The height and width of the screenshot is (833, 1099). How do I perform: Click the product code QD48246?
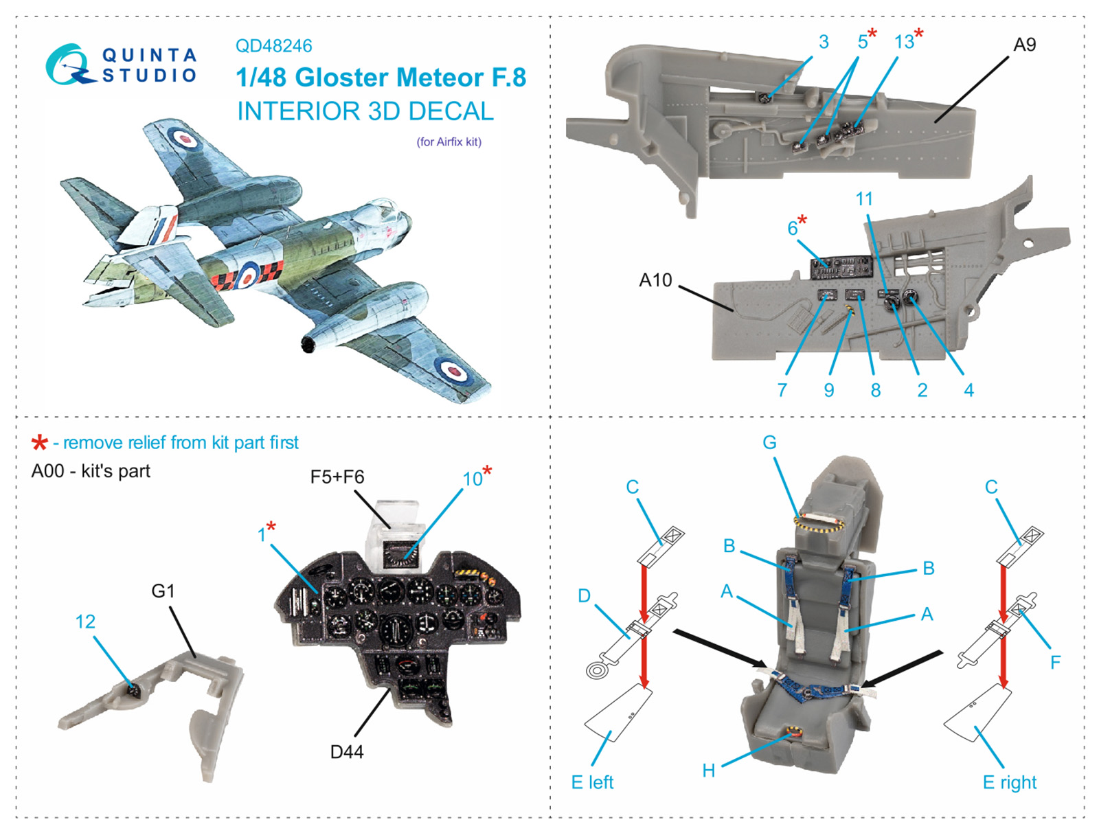273,46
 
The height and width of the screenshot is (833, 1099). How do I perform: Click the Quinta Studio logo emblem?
69,65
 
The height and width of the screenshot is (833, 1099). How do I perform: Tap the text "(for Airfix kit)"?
449,142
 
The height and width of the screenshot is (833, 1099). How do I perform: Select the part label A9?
1024,45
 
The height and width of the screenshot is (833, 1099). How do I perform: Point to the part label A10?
655,280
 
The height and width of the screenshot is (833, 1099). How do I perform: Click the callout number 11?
864,199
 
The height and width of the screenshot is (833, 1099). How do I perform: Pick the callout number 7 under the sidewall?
782,390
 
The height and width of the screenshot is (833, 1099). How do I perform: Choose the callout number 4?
968,390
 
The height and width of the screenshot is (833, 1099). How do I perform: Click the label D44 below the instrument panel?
347,752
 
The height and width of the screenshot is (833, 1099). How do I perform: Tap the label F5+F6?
337,477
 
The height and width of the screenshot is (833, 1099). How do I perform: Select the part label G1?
163,591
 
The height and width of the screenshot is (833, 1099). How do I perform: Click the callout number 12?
85,621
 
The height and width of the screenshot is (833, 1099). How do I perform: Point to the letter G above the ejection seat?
769,443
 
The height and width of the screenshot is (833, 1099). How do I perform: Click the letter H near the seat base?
709,771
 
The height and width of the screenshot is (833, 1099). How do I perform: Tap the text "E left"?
592,782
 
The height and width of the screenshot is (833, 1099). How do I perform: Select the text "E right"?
1009,782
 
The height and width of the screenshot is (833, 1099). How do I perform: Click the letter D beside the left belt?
584,595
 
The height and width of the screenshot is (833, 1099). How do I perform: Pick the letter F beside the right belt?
1055,662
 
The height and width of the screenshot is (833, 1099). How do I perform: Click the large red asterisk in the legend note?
40,443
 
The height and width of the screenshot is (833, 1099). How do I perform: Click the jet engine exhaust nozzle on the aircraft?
307,343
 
